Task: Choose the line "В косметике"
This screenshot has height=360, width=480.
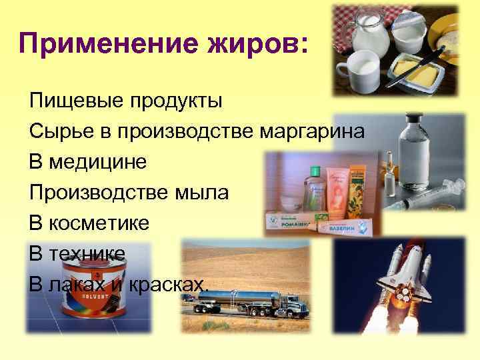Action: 89,223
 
